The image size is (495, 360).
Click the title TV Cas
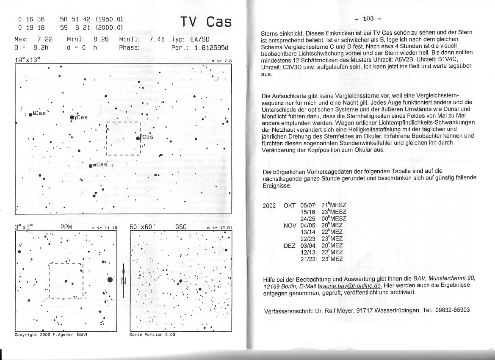click(x=206, y=22)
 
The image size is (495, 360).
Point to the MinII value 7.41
click(x=157, y=39)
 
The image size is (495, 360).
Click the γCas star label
click(x=80, y=117)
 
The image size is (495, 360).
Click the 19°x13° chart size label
click(x=27, y=60)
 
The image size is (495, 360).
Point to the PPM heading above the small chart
click(x=66, y=227)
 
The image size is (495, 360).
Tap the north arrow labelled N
click(x=123, y=280)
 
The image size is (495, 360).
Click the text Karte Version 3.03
click(x=152, y=335)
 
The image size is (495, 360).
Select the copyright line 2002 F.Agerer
click(x=51, y=335)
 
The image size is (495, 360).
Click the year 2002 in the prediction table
click(x=269, y=205)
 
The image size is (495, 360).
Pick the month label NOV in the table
click(x=290, y=225)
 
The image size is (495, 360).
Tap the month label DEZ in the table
click(x=290, y=245)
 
